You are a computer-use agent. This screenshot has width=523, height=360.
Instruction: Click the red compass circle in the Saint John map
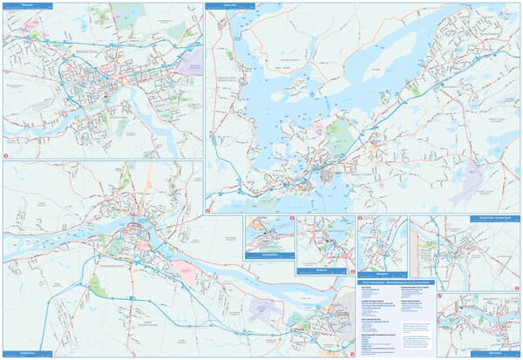(x=209, y=210)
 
